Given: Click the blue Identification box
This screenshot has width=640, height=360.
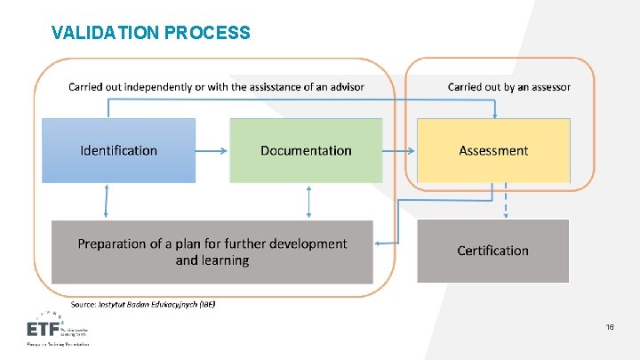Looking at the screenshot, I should [x=119, y=151].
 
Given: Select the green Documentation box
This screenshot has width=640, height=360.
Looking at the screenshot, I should [x=306, y=151].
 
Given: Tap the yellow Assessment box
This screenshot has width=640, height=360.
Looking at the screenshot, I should [x=493, y=151].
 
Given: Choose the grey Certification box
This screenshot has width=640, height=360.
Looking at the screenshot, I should [x=492, y=251].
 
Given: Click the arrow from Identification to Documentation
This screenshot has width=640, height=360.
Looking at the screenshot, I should [x=212, y=151].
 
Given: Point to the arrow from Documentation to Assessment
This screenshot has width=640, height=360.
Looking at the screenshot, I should [x=399, y=151].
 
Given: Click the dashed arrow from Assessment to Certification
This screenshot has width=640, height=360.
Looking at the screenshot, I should [x=507, y=201].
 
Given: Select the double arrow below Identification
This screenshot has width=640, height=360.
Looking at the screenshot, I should [x=107, y=201].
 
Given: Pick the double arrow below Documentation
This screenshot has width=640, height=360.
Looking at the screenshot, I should [x=308, y=201].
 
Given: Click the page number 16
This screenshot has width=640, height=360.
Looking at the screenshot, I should [x=610, y=328].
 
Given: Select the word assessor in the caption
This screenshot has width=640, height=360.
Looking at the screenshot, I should [x=550, y=87].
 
